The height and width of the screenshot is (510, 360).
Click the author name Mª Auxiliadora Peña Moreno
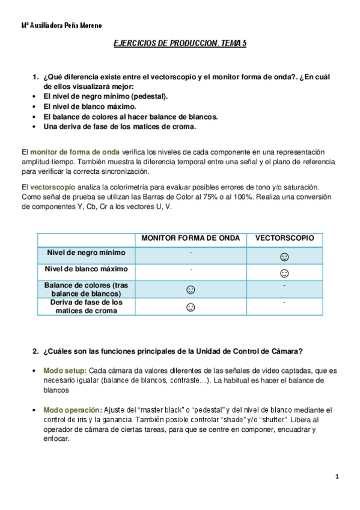click(61, 26)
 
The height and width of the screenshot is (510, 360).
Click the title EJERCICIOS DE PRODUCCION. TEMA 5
click(180, 44)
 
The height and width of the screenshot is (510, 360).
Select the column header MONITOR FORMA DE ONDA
click(191, 238)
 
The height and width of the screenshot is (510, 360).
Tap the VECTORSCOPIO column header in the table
click(284, 238)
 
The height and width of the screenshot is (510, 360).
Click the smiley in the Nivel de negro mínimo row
click(284, 257)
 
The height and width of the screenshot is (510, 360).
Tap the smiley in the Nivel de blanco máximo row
click(284, 273)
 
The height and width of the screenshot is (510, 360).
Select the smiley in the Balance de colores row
click(191, 290)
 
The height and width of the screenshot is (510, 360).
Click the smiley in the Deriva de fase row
click(191, 307)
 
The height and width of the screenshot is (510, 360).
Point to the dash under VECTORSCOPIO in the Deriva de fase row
click(284, 303)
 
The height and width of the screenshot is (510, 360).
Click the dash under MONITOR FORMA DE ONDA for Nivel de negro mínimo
click(191, 252)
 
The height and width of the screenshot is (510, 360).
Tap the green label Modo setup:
click(65, 370)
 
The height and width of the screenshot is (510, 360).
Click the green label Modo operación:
click(72, 410)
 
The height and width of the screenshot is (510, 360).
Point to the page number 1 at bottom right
click(338, 477)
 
